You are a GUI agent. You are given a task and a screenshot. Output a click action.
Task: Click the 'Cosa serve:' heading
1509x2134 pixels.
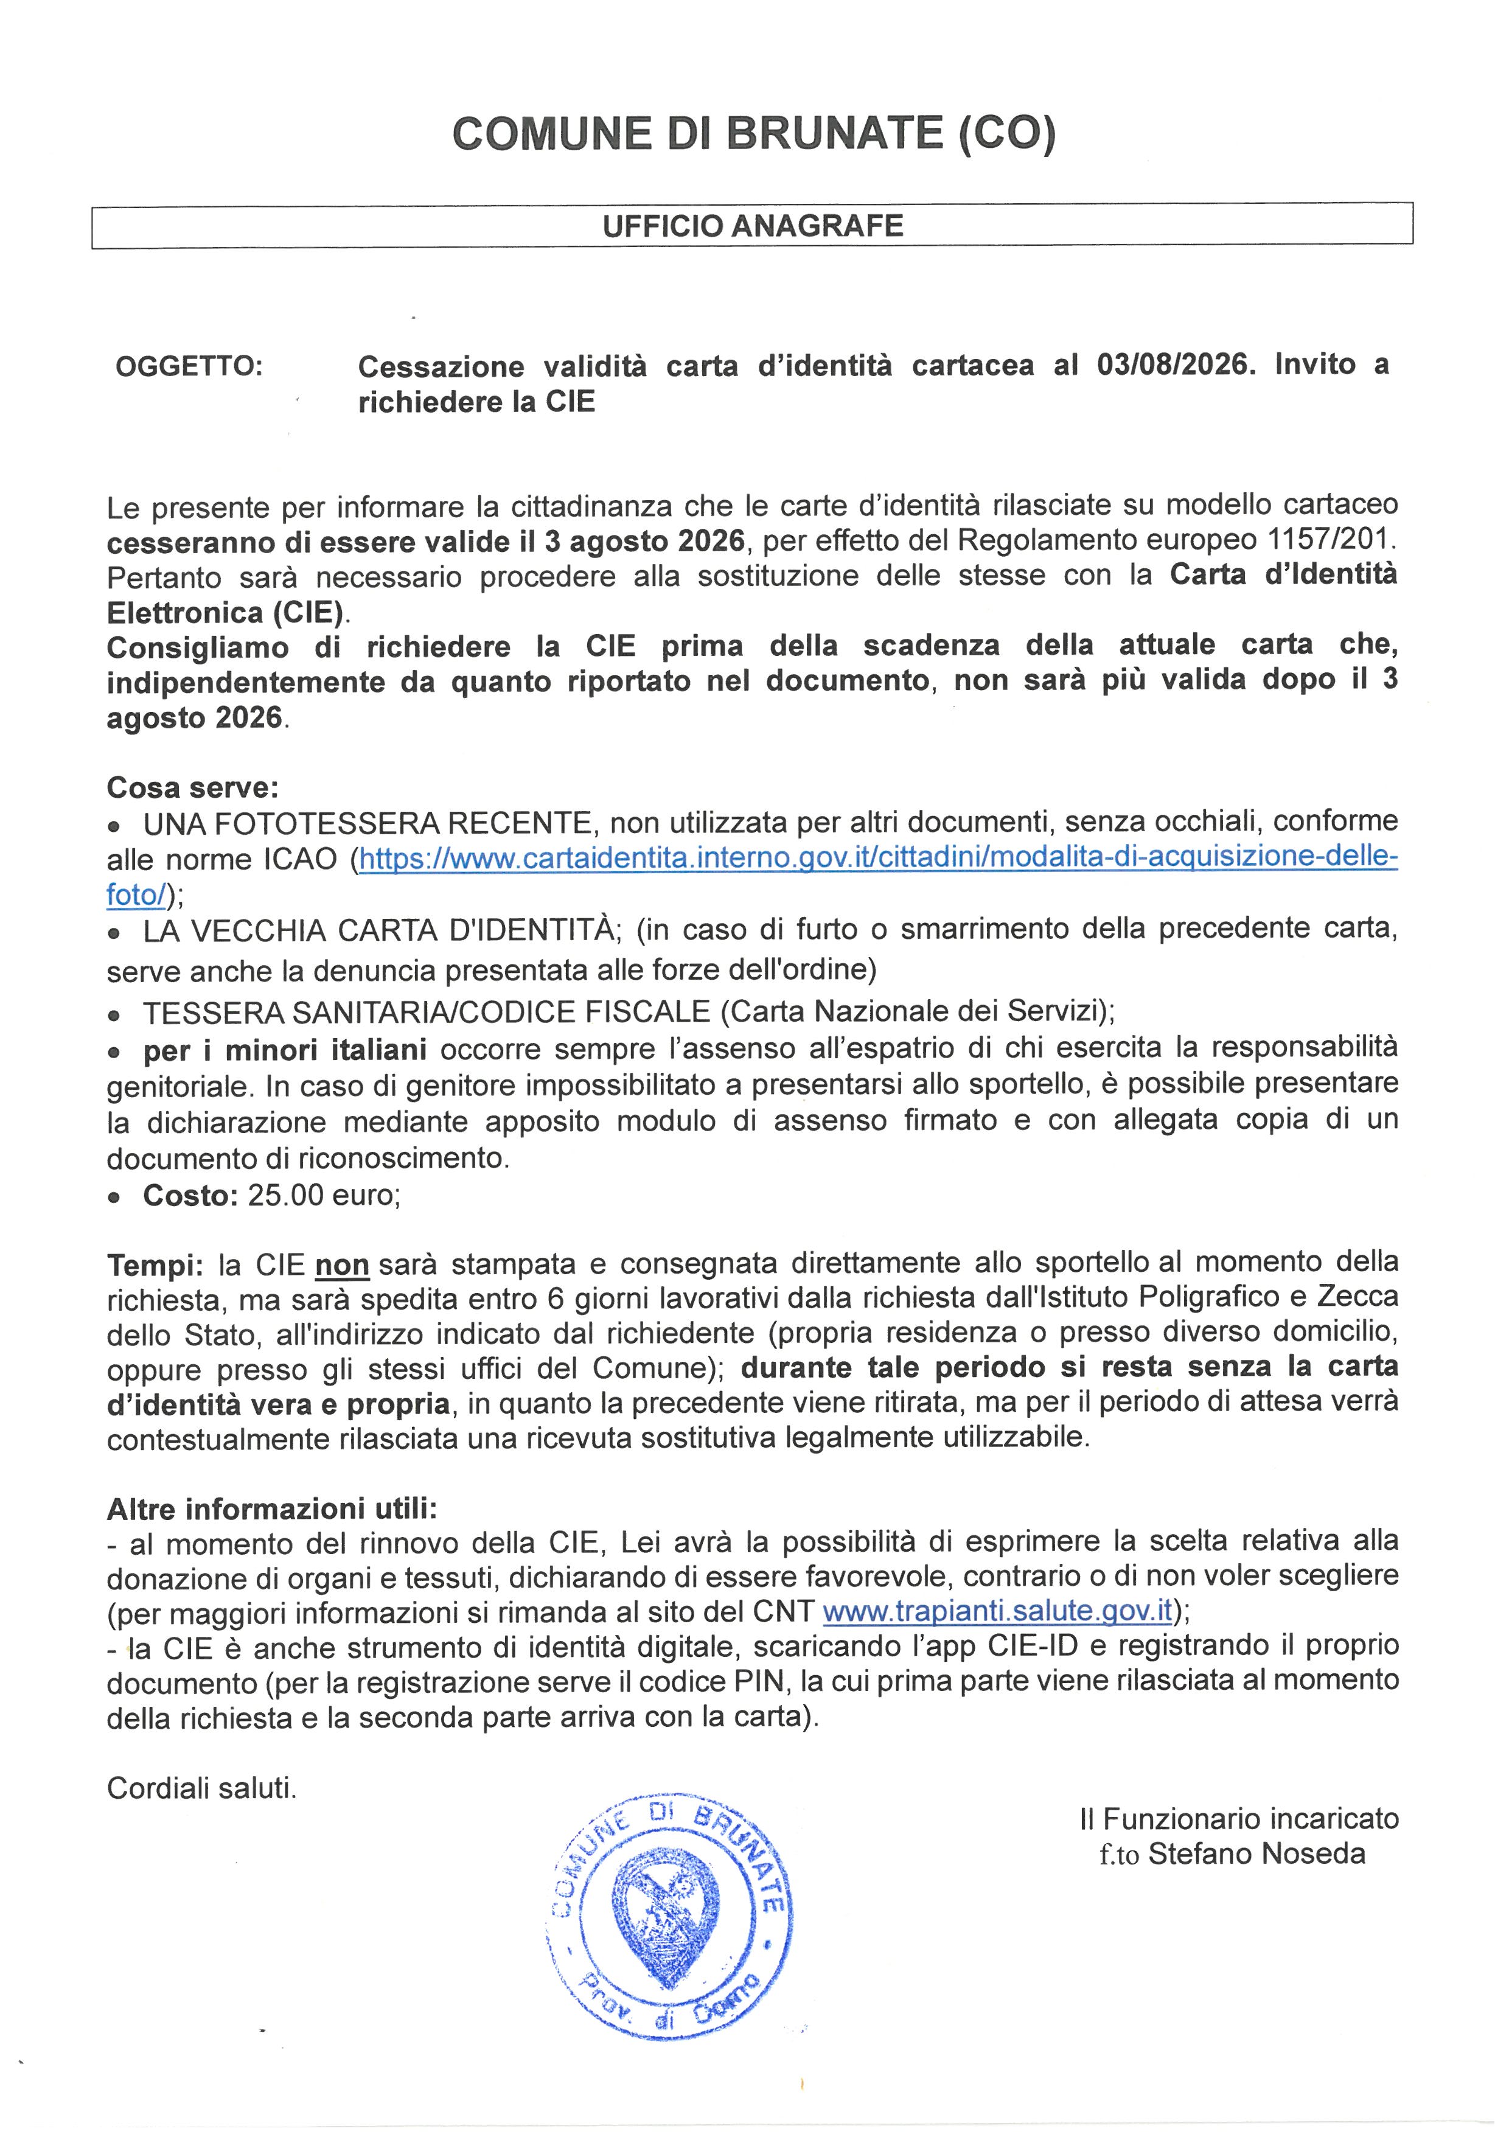click(x=192, y=787)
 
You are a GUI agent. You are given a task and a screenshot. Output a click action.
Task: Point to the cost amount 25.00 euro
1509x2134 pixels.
click(x=322, y=1194)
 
